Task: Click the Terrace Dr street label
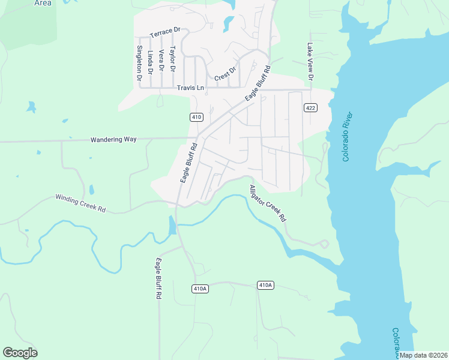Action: tap(165, 31)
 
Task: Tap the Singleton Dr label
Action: tap(139, 63)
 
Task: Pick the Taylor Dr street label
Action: tap(172, 59)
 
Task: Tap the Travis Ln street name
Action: tap(190, 88)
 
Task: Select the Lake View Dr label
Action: tap(310, 61)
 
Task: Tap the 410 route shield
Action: tap(196, 116)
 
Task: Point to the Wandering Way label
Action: tap(113, 139)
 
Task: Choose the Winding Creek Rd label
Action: tap(80, 203)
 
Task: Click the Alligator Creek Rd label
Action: tap(268, 205)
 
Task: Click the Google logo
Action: tap(20, 352)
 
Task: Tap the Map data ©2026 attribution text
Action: tap(423, 355)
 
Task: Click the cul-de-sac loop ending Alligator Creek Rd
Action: tap(325, 244)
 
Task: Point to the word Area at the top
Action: tap(43, 3)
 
